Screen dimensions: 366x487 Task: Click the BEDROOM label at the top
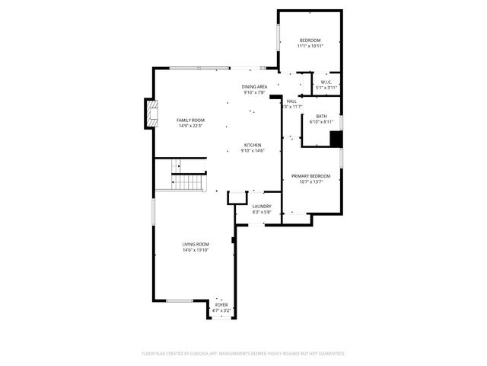(x=310, y=40)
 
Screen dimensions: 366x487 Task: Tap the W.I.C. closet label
(x=326, y=82)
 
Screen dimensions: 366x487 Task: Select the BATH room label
(x=322, y=116)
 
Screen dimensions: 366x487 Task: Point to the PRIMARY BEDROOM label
(x=310, y=176)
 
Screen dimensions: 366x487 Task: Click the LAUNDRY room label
(x=262, y=206)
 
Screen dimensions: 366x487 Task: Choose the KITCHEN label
(x=253, y=145)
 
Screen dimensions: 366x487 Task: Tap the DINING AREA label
(x=254, y=87)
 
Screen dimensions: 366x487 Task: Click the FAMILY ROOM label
(x=191, y=120)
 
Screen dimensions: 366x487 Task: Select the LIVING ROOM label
(x=195, y=244)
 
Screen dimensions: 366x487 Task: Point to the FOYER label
(x=221, y=305)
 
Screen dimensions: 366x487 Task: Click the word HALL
(x=291, y=101)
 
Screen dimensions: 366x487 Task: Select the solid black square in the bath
(x=335, y=138)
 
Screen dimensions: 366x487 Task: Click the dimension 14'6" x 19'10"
(x=195, y=250)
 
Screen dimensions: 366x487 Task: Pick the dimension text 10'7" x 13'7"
(x=310, y=182)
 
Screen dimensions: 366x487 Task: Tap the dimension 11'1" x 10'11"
(x=310, y=46)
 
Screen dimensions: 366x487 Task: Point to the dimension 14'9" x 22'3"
(x=191, y=126)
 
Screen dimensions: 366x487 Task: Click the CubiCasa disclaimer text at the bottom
(x=243, y=353)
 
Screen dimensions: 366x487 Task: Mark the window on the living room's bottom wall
(x=180, y=300)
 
